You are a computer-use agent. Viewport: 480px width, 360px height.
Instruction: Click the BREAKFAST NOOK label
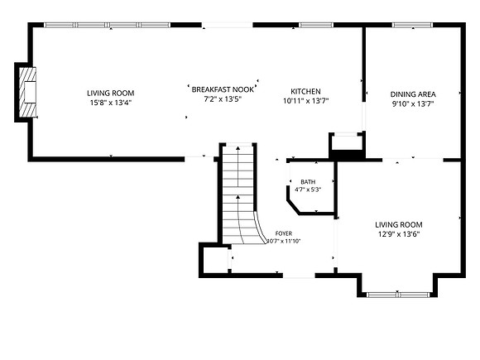click(x=223, y=89)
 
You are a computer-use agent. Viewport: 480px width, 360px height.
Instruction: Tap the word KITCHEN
click(x=305, y=91)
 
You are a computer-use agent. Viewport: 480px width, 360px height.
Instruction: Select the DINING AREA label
click(x=413, y=94)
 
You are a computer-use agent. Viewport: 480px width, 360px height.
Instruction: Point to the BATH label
click(x=308, y=182)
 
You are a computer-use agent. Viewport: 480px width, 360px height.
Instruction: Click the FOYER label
click(x=284, y=233)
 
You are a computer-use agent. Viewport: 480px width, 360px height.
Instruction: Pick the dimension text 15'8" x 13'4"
click(x=111, y=103)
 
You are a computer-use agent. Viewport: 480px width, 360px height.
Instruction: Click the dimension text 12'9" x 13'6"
click(x=399, y=234)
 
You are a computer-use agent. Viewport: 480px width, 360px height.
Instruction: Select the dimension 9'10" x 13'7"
click(x=413, y=103)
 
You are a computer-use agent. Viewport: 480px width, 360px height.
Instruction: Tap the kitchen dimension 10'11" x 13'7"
click(x=305, y=101)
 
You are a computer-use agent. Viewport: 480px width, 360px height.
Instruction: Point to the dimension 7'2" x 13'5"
click(x=223, y=98)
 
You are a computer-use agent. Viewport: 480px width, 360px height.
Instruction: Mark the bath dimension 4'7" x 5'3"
click(x=308, y=190)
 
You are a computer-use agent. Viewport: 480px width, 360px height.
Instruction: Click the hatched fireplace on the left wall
click(x=27, y=92)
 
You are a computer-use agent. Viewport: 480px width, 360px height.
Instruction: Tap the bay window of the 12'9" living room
click(x=397, y=295)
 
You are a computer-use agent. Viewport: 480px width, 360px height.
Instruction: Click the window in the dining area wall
click(x=413, y=25)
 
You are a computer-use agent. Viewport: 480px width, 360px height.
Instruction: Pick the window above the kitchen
click(x=316, y=25)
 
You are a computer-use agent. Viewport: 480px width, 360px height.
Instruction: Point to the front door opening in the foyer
click(x=299, y=276)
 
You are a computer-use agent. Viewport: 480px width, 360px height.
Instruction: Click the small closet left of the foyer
click(x=215, y=260)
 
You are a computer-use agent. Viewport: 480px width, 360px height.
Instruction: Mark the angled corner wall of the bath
click(x=293, y=207)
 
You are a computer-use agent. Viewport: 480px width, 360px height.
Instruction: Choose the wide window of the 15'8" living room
click(x=107, y=25)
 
